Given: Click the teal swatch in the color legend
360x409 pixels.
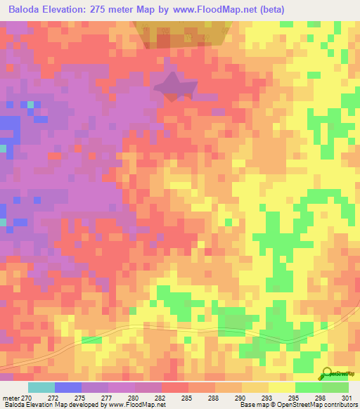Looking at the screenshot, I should pos(41,387).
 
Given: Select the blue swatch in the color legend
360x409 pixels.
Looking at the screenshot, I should pos(68,387).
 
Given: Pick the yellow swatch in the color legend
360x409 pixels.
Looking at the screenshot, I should pos(281,387).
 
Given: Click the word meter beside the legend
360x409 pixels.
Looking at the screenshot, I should pos(11,397).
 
